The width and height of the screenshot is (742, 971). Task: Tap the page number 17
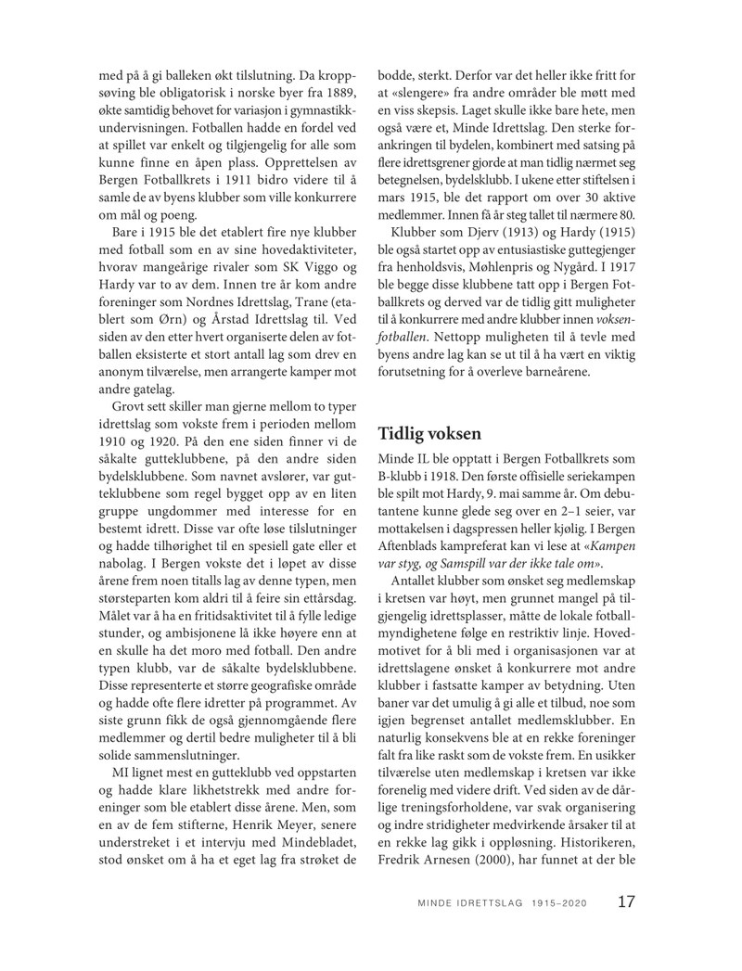(626, 901)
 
